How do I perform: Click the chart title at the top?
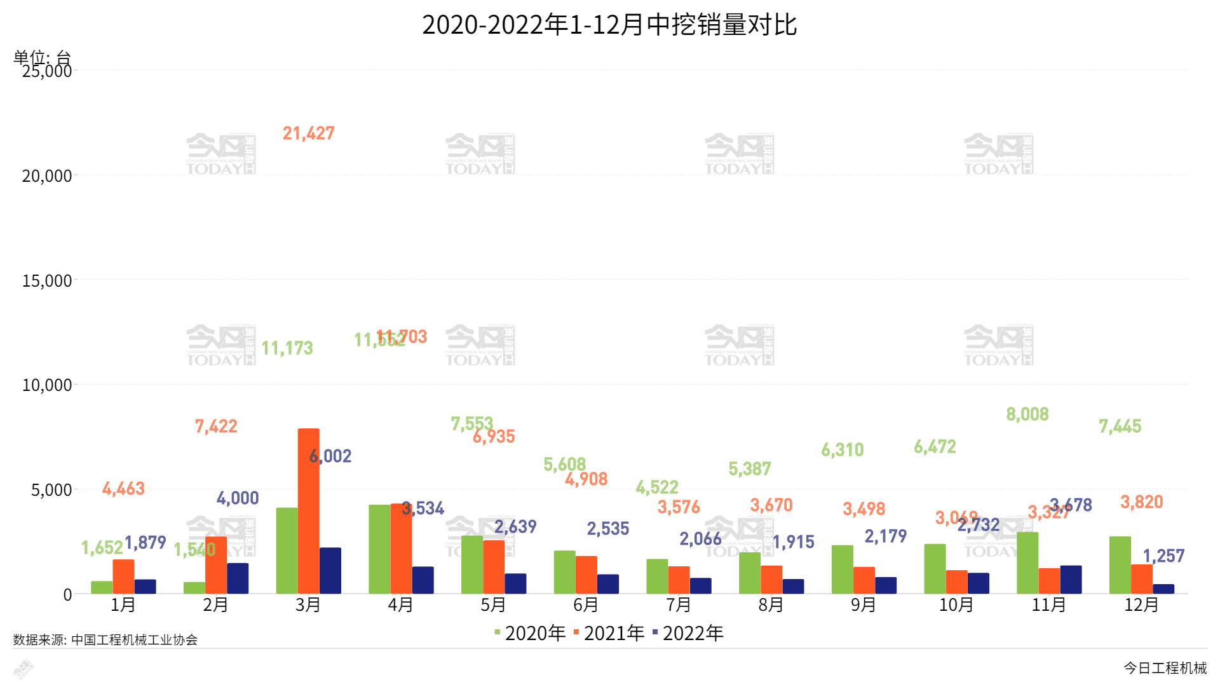[609, 25]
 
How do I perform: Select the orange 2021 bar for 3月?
[308, 511]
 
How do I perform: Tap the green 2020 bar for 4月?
[379, 549]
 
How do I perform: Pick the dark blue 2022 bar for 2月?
[238, 578]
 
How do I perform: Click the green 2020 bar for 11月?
[1027, 563]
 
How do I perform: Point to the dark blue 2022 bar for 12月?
[1163, 589]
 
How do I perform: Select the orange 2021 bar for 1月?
[123, 576]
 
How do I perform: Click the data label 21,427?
[308, 133]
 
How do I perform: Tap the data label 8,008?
[1027, 414]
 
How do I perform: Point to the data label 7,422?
[216, 426]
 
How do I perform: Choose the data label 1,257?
[1163, 556]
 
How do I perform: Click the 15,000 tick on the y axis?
[47, 281]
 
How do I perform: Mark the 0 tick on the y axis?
[67, 595]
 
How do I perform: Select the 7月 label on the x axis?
[678, 605]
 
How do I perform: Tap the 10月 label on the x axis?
[956, 605]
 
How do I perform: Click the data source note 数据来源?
[105, 640]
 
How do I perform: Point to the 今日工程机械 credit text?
[1165, 668]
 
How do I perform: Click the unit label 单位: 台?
[42, 57]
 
